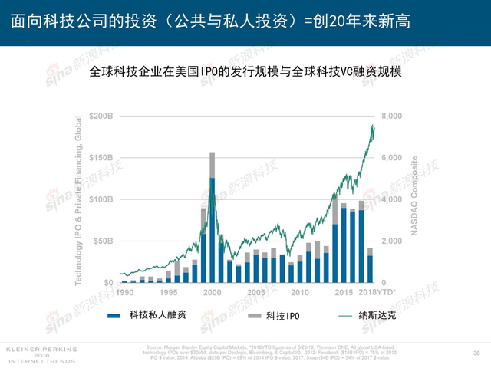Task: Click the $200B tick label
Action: [100, 116]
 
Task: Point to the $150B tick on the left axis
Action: [100, 157]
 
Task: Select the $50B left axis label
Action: [102, 241]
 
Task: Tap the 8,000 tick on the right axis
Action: [391, 116]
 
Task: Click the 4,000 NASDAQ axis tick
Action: [391, 199]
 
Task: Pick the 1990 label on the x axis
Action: [126, 293]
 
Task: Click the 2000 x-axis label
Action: [213, 293]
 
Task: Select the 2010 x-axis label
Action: [300, 293]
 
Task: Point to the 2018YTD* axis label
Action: [377, 293]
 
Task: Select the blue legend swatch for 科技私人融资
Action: [114, 315]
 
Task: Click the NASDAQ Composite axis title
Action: [415, 195]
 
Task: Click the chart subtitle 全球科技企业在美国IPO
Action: [245, 73]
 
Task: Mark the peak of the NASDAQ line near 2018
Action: [373, 125]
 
